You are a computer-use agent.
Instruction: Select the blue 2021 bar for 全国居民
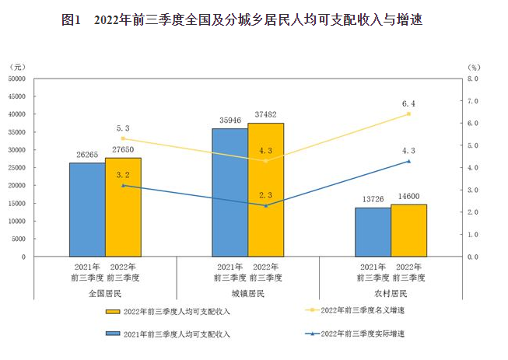tap(87, 210)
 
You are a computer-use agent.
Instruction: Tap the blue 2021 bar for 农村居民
tap(373, 232)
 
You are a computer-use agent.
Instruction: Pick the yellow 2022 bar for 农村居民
tap(408, 230)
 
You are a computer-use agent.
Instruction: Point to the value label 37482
tap(266, 114)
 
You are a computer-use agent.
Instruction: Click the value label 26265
tap(87, 154)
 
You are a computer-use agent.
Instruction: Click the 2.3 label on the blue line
tap(266, 195)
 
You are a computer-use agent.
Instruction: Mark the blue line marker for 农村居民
tap(409, 161)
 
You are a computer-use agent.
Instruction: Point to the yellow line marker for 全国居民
tap(123, 138)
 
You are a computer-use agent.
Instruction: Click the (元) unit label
tap(19, 67)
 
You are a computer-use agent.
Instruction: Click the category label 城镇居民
tap(248, 293)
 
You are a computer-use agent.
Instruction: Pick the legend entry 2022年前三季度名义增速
tap(363, 309)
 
